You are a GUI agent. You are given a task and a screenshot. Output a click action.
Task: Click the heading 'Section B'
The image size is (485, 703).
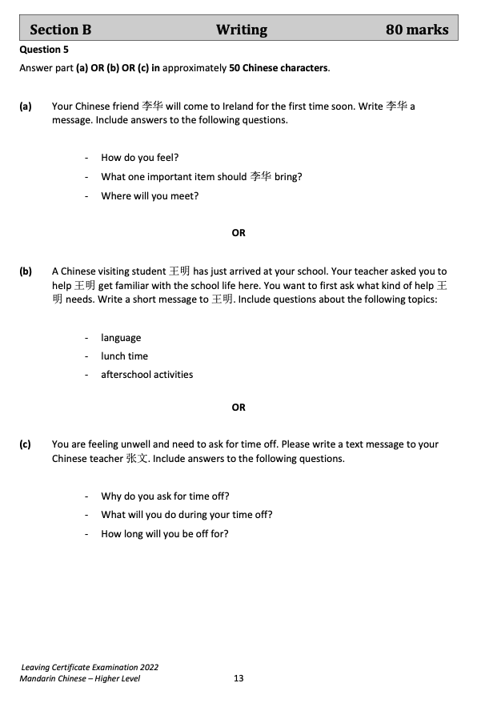click(61, 30)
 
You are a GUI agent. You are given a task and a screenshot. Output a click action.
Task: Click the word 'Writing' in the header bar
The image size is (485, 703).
click(242, 30)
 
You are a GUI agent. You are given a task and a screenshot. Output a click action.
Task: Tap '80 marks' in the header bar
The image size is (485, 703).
click(417, 30)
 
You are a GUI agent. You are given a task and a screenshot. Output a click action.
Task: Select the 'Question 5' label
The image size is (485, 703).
click(44, 50)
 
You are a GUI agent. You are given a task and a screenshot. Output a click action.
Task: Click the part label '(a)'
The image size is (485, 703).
click(26, 106)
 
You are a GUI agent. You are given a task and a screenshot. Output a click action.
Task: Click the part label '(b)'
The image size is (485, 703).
click(26, 271)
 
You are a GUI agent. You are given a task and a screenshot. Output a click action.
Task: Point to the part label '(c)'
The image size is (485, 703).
click(26, 444)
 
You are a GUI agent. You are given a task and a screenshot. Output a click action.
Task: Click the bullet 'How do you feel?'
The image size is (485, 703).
click(139, 158)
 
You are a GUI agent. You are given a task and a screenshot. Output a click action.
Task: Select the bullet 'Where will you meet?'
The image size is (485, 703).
click(150, 196)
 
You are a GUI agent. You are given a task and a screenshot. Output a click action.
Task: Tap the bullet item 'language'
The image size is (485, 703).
click(121, 338)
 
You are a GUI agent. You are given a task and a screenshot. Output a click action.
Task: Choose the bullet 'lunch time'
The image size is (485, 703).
click(124, 356)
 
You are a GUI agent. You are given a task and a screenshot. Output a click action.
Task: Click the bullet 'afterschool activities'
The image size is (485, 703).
click(146, 375)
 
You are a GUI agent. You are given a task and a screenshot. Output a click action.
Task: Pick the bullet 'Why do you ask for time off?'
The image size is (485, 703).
click(165, 496)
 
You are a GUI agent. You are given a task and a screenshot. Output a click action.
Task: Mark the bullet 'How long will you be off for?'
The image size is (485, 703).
click(165, 534)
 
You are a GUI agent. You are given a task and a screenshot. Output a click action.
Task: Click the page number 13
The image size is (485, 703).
click(238, 678)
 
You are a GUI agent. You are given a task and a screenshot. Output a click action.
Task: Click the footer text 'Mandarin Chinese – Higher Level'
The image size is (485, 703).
click(86, 678)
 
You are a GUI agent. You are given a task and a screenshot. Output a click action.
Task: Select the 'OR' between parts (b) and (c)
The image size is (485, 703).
click(238, 408)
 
